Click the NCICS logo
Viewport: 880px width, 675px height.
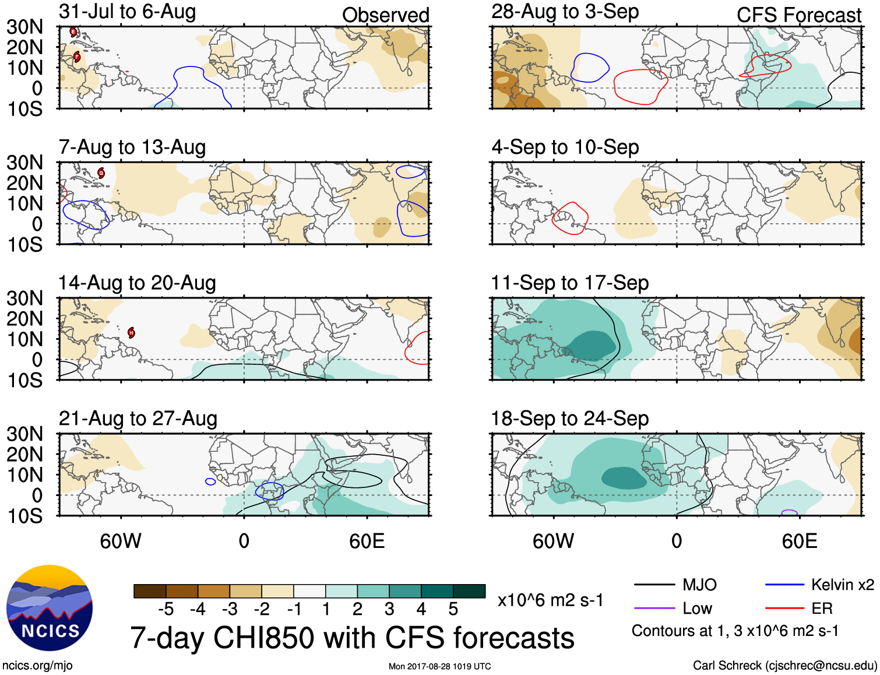point(50,608)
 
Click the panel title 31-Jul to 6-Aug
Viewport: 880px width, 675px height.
point(127,12)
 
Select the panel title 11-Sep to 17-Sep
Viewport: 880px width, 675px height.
point(569,283)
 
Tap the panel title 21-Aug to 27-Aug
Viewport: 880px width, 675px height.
point(138,419)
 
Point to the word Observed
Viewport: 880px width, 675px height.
point(385,15)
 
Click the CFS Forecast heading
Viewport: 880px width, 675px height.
point(798,15)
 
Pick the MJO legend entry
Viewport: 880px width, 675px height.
point(699,585)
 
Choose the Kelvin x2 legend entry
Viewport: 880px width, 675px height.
point(842,585)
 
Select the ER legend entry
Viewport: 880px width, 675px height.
point(822,609)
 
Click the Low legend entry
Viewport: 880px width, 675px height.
point(697,609)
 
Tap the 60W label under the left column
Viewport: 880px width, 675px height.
point(121,541)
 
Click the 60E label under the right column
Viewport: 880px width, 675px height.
point(799,541)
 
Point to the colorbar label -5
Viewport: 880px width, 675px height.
point(166,609)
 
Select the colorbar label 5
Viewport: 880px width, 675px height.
point(453,609)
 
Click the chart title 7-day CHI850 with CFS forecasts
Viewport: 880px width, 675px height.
point(352,638)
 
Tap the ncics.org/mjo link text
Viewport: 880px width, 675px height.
point(37,665)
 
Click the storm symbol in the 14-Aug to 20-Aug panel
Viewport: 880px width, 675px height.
point(132,332)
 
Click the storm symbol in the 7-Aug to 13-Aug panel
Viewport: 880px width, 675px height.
point(101,173)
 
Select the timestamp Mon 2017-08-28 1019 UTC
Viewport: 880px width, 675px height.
point(439,666)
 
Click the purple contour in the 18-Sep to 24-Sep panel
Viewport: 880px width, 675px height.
point(789,512)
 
